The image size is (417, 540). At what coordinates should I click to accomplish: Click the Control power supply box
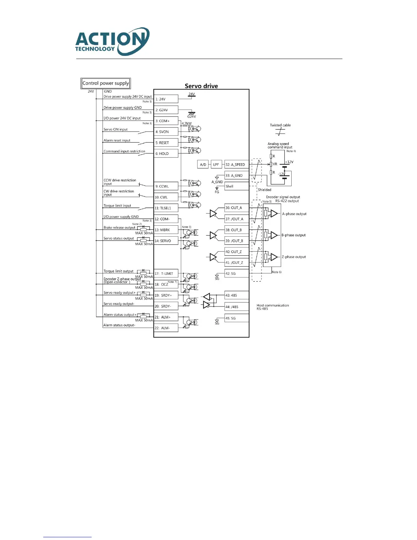point(106,83)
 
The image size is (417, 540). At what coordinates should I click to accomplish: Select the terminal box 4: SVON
point(166,132)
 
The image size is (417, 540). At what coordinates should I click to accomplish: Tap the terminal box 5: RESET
point(166,142)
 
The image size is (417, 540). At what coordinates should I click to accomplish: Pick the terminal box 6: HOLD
point(166,153)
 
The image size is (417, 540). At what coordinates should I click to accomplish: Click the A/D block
point(203,164)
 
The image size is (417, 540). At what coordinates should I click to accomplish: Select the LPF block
point(216,164)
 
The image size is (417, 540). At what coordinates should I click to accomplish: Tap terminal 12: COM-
point(166,219)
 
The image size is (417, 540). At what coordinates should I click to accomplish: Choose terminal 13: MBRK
point(166,230)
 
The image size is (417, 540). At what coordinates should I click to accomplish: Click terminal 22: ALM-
point(166,328)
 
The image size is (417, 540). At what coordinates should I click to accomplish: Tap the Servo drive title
point(201,86)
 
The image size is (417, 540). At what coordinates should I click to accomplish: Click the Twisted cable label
point(280,125)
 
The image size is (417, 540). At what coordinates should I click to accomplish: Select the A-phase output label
point(294,214)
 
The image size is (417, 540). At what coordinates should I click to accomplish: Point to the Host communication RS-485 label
point(273,307)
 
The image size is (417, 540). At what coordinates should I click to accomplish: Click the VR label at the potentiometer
point(275,164)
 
